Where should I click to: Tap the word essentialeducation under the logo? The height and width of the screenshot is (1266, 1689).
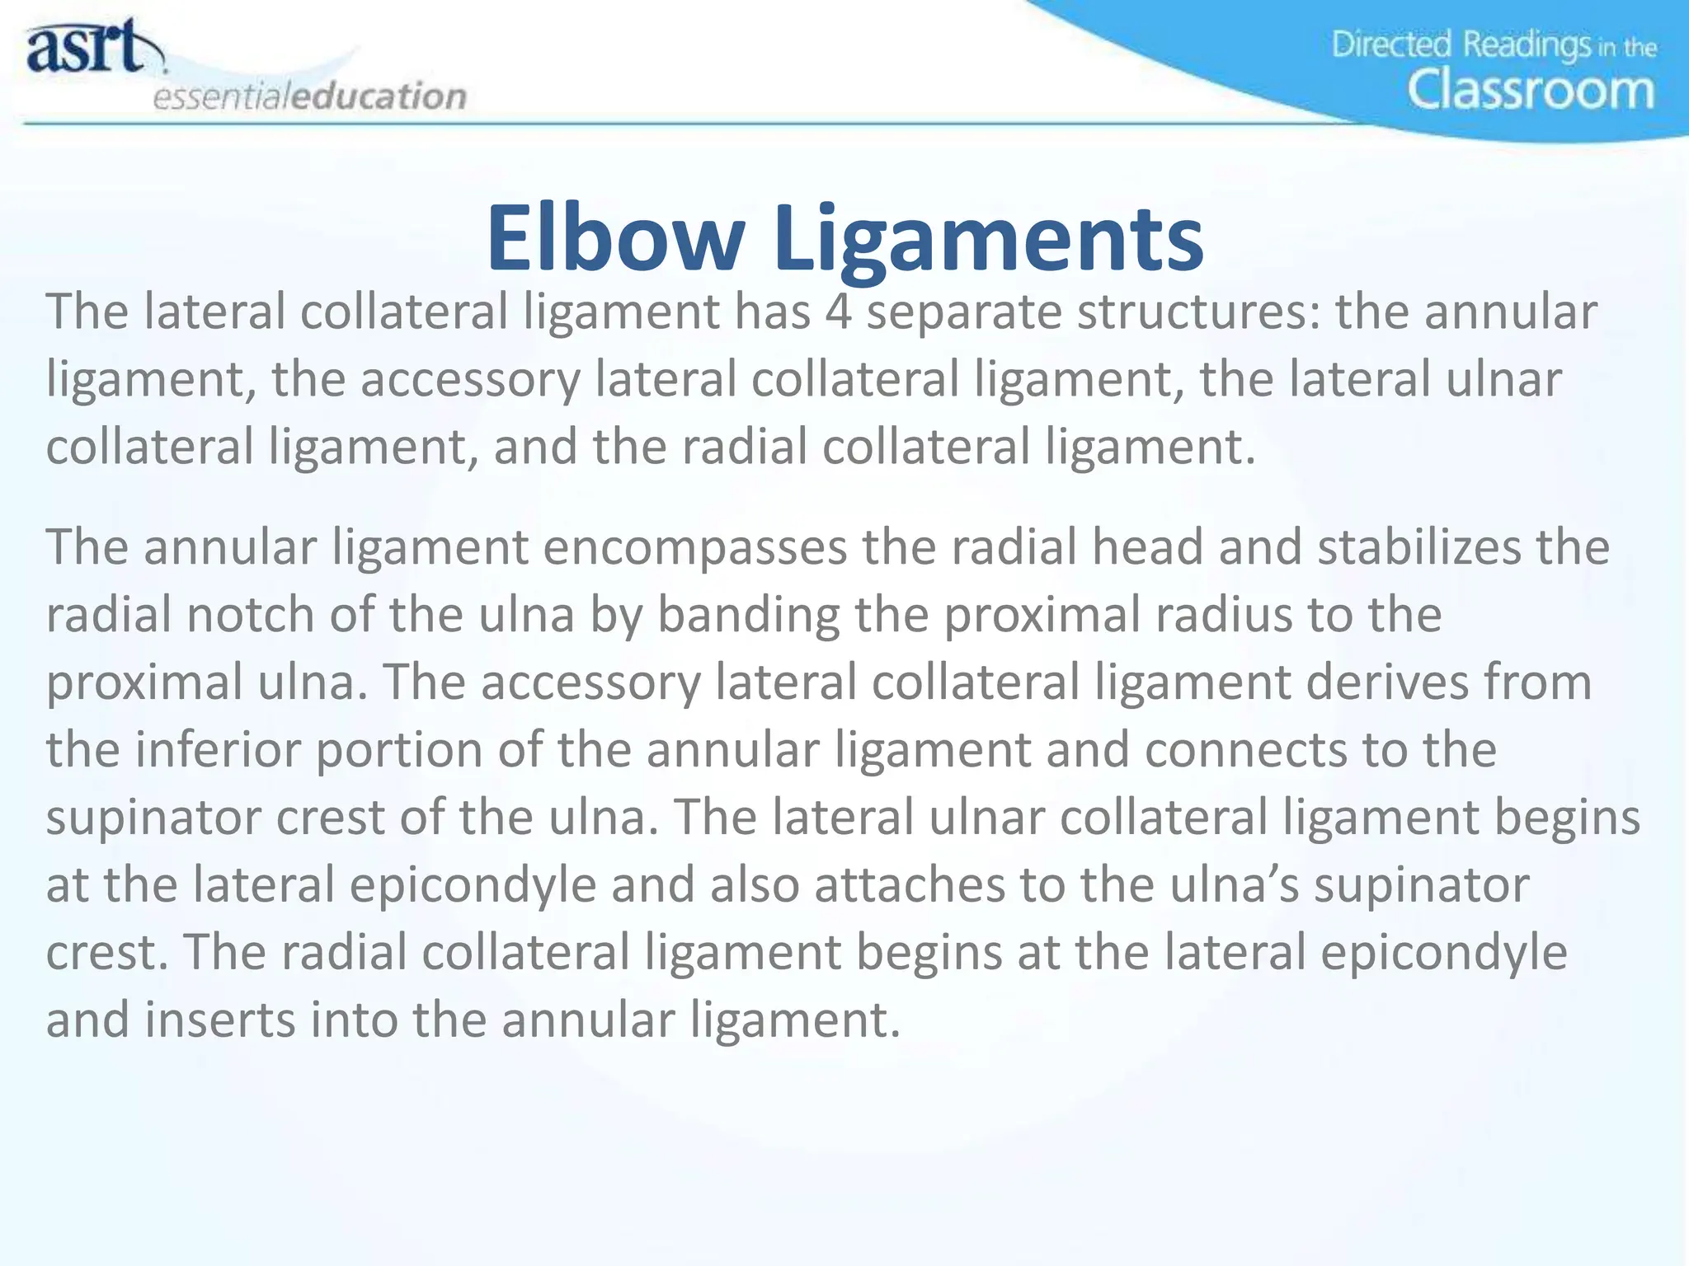click(x=310, y=96)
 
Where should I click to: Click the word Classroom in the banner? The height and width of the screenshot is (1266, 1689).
click(x=1531, y=90)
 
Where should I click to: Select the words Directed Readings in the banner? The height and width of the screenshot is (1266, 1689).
click(x=1461, y=45)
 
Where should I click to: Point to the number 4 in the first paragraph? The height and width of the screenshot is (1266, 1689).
click(x=838, y=312)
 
